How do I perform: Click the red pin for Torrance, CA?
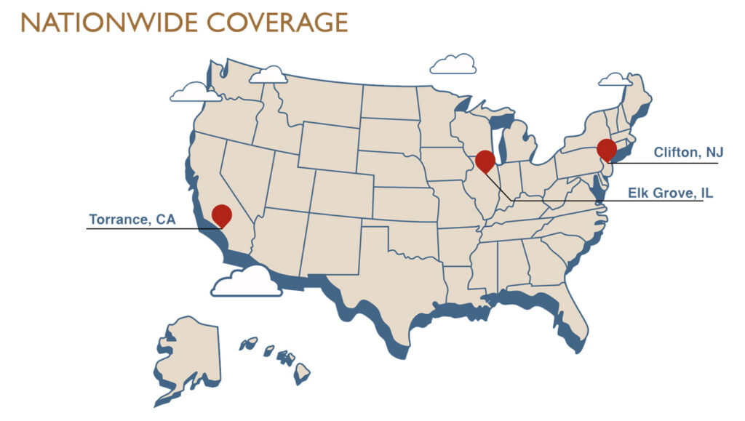pyautogui.click(x=222, y=215)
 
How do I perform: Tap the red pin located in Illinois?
pyautogui.click(x=485, y=161)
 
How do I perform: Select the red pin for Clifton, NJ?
pyautogui.click(x=607, y=149)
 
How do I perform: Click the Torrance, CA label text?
pyautogui.click(x=132, y=219)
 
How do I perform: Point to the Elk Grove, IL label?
pyautogui.click(x=670, y=193)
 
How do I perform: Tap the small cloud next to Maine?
pyautogui.click(x=615, y=79)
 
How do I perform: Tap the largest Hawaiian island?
pyautogui.click(x=302, y=373)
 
